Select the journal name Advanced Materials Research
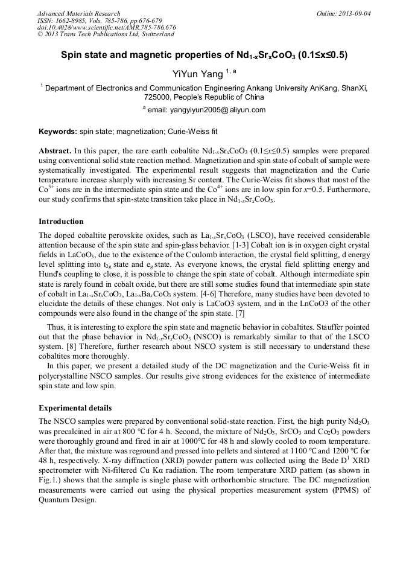click(x=78, y=13)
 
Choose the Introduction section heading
click(x=61, y=221)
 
